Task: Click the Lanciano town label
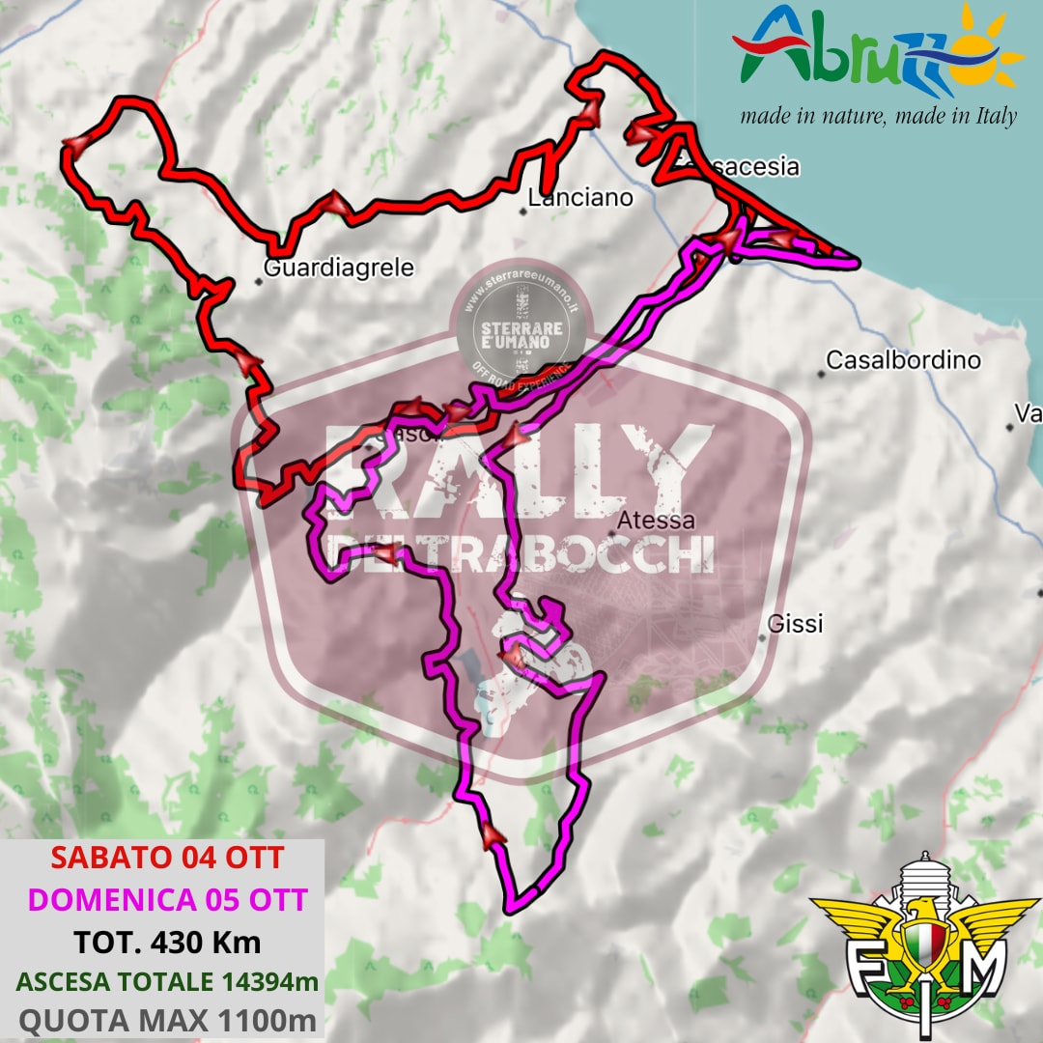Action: click(x=580, y=198)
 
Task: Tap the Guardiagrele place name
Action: click(x=338, y=268)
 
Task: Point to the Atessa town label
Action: click(x=656, y=521)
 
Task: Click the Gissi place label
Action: click(x=795, y=625)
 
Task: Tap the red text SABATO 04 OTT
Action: click(x=167, y=858)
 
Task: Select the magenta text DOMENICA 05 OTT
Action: click(x=167, y=899)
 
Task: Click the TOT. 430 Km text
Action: click(x=167, y=941)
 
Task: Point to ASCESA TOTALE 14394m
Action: click(x=167, y=981)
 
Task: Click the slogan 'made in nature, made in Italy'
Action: click(x=878, y=117)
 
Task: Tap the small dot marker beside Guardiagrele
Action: click(x=259, y=282)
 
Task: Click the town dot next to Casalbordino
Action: click(x=821, y=374)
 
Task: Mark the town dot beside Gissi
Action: click(x=763, y=637)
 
